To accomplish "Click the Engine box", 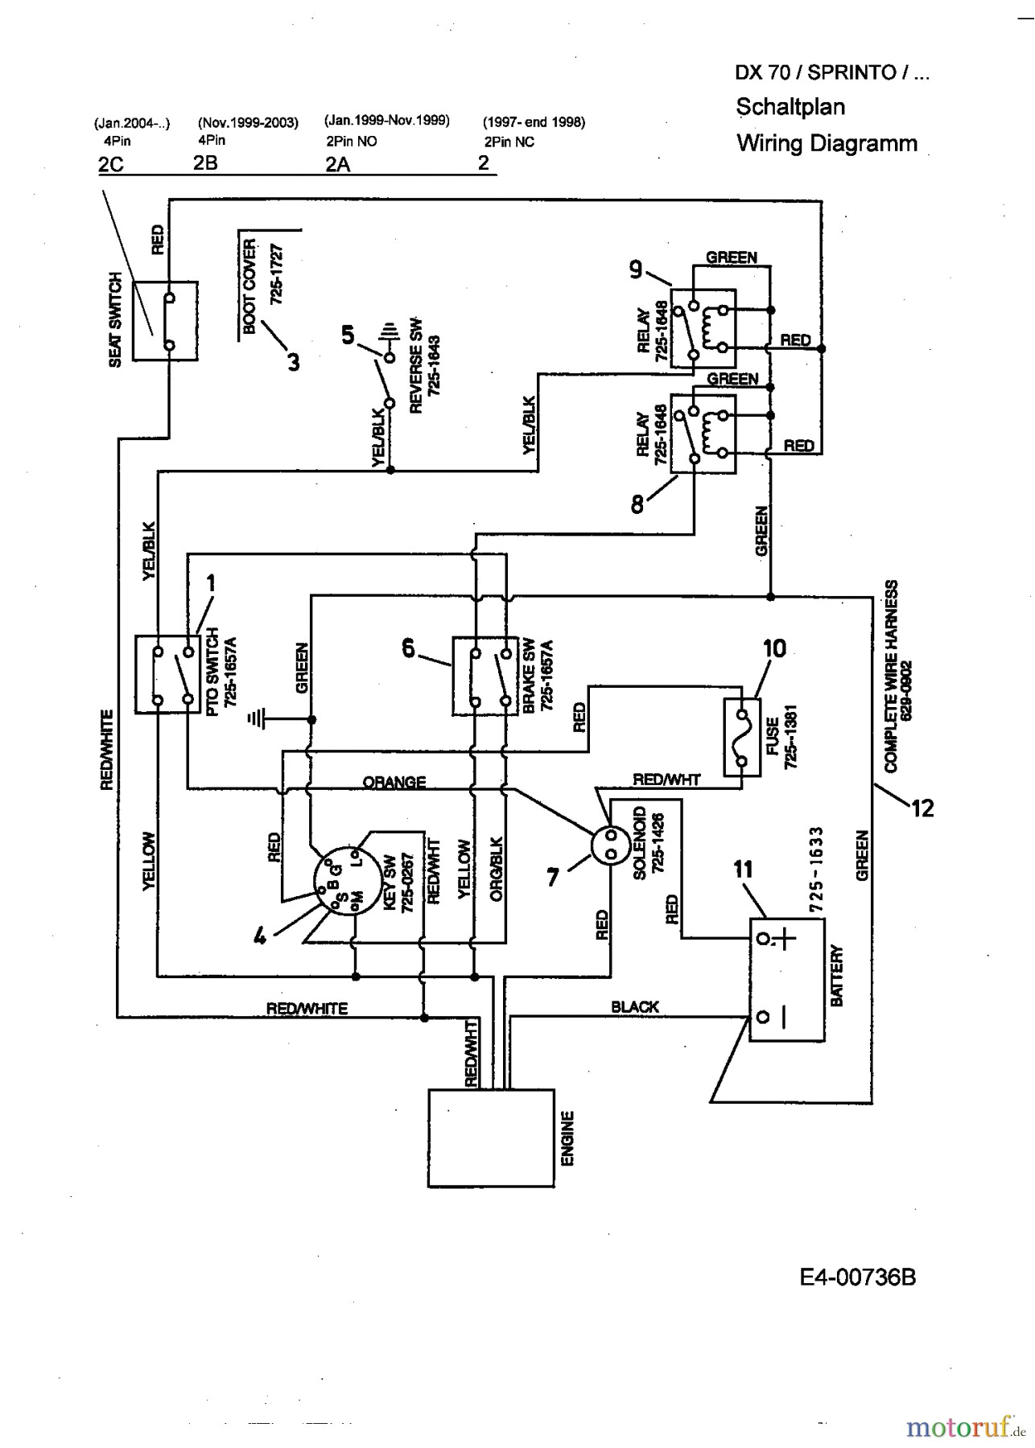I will pyautogui.click(x=490, y=1137).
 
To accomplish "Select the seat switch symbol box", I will pyautogui.click(x=165, y=320).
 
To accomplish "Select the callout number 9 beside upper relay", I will pyautogui.click(x=635, y=271).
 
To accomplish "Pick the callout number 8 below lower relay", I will pyautogui.click(x=637, y=504).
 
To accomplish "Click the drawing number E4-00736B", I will pyautogui.click(x=857, y=1277).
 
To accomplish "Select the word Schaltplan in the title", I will pyautogui.click(x=790, y=107).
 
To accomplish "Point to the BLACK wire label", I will pyautogui.click(x=634, y=1006).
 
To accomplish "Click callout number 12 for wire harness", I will pyautogui.click(x=922, y=808).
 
